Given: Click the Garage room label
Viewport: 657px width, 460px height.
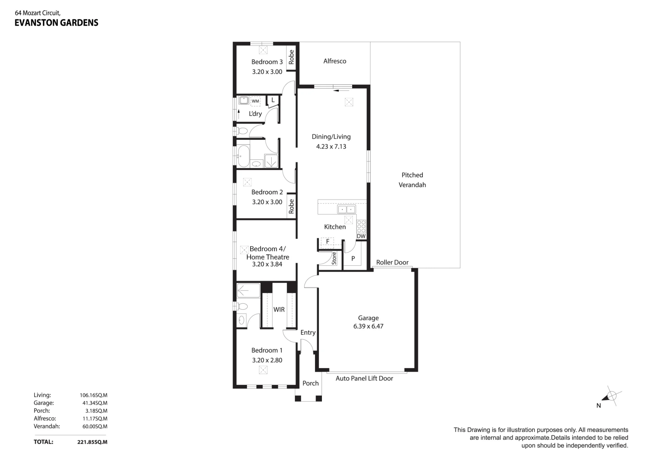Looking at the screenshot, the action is click(368, 318).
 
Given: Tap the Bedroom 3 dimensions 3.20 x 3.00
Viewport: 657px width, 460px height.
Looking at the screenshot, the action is click(267, 72).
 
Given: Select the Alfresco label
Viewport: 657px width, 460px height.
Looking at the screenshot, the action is click(335, 61).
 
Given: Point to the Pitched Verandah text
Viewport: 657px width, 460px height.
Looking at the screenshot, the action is click(412, 180).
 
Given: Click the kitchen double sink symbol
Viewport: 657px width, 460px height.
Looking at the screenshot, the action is click(347, 209).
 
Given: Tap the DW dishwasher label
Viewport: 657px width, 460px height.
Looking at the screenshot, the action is click(361, 236).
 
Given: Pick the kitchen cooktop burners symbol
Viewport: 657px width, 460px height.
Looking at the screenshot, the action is click(361, 227).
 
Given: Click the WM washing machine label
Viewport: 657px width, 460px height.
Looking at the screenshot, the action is click(255, 101).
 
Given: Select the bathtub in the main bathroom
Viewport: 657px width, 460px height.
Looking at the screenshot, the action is click(243, 156).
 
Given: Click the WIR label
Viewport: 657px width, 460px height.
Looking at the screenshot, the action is click(279, 310).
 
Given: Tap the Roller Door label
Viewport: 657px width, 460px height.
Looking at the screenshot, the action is click(392, 262).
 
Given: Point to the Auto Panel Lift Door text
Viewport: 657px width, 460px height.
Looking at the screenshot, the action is click(364, 378).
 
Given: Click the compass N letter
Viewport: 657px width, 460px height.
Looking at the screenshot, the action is click(599, 405).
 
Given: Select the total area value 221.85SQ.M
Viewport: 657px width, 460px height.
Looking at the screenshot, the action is click(92, 442).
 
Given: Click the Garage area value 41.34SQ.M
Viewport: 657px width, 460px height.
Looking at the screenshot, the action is click(95, 403).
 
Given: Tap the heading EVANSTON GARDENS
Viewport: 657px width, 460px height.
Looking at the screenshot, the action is click(57, 23).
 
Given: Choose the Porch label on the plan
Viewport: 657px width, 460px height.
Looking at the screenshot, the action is click(310, 383).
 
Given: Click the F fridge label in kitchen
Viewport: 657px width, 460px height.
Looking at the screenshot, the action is click(328, 242).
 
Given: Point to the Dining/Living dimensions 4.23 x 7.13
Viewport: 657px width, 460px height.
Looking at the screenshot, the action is click(331, 146).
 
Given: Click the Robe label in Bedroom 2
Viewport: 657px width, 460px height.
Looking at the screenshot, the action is click(291, 207).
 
